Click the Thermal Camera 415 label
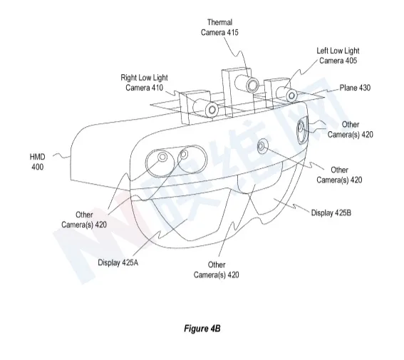[219, 27]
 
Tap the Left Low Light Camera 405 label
[338, 56]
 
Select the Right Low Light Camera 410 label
[144, 83]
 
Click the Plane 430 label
[355, 88]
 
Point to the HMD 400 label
[37, 162]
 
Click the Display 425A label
[118, 262]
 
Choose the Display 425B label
[331, 213]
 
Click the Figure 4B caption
[202, 329]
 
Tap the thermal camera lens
[252, 85]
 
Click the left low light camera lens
[291, 96]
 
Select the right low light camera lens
[212, 110]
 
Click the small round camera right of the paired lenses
[261, 146]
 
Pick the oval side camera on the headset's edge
[301, 130]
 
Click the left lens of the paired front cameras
[162, 156]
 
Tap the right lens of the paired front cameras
[184, 155]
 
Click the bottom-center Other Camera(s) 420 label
[216, 269]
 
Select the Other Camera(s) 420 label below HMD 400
[84, 220]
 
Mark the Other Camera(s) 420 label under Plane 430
[350, 130]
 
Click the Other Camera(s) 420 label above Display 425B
[339, 175]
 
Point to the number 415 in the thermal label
[233, 33]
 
